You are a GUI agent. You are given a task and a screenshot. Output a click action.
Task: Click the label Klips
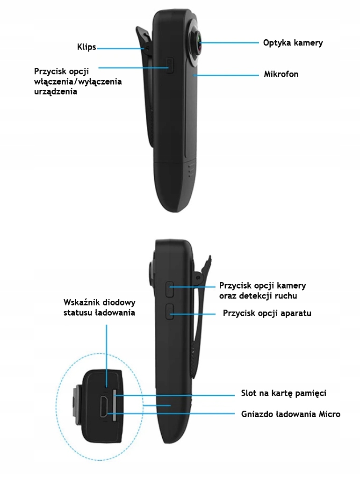point(86,47)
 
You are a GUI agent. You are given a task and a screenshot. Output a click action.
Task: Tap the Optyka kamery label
point(293,43)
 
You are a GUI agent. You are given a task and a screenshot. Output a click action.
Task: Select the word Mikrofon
point(281,74)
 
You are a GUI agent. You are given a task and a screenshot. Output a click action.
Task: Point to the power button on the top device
point(170,65)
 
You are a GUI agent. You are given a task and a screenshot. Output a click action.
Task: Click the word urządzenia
point(56,92)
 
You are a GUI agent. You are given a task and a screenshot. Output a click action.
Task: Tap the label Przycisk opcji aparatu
point(267,313)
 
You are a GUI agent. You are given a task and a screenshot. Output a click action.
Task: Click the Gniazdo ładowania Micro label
point(290,414)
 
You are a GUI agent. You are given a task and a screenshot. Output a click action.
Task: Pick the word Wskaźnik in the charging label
point(81,302)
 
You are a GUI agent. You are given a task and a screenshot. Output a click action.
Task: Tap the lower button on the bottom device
point(170,311)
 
